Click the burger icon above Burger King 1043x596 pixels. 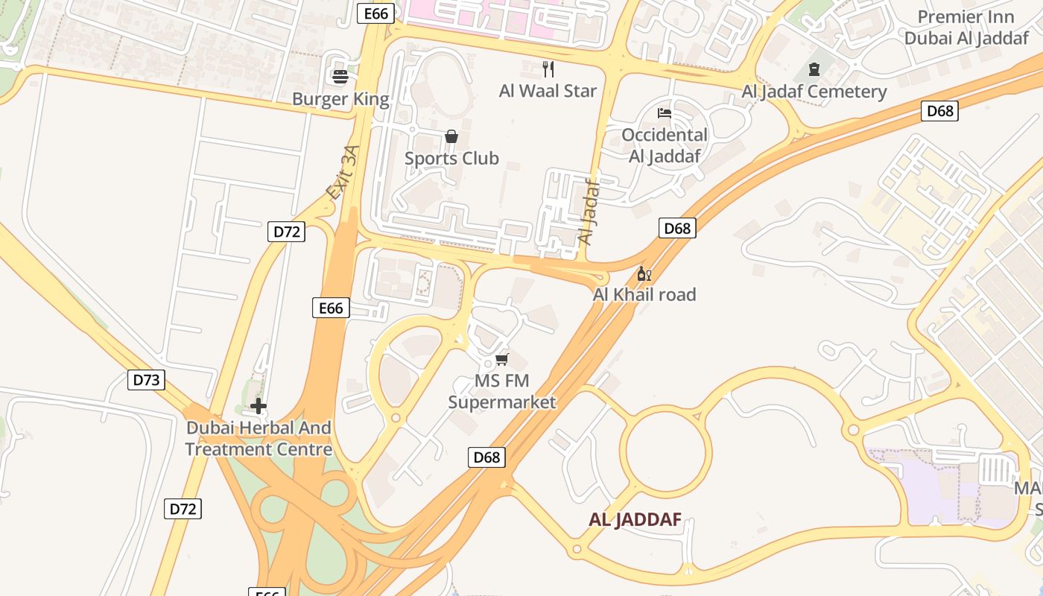340,76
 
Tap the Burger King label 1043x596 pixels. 340,99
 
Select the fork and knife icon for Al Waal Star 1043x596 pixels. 548,69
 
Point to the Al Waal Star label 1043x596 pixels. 548,91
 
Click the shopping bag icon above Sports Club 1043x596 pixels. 451,136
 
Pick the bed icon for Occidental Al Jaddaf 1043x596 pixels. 665,113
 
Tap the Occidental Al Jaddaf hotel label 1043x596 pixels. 665,145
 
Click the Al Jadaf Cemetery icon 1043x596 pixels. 814,70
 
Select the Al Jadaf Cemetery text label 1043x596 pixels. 814,92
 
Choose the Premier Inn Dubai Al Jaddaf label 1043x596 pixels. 966,28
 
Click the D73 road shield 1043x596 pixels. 146,380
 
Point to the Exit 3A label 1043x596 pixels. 343,173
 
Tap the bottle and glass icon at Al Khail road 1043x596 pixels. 644,273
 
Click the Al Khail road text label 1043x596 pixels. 644,295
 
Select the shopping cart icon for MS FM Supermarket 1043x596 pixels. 501,360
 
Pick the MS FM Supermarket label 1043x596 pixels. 501,392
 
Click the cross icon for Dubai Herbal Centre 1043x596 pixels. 259,406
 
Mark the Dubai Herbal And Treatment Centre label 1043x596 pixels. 259,439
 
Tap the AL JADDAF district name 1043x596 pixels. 635,520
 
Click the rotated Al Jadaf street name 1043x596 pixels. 589,212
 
